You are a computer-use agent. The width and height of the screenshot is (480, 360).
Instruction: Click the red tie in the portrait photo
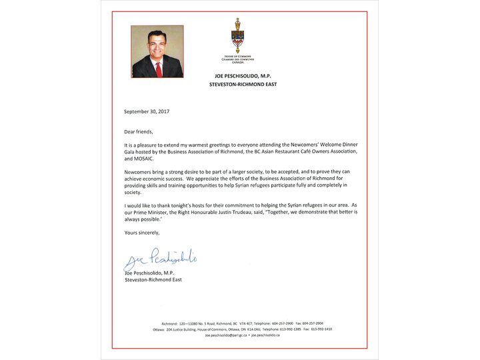[159, 68]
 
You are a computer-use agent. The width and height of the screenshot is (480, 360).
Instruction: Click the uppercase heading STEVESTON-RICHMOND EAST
[238, 85]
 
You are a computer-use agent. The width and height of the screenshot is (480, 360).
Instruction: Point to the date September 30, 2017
[147, 111]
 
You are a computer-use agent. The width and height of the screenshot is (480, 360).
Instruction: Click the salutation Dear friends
[138, 131]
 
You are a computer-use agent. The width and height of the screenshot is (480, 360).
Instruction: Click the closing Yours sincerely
[142, 232]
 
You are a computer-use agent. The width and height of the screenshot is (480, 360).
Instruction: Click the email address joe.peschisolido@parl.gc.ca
[226, 335]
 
